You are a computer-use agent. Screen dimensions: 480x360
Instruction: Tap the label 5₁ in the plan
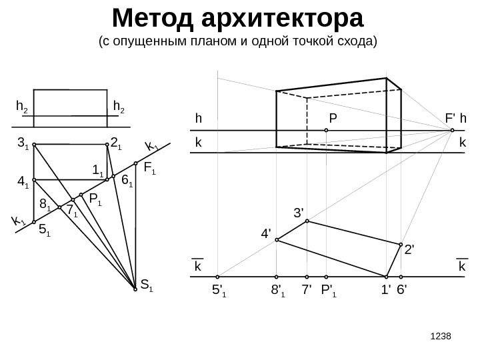[x=44, y=231]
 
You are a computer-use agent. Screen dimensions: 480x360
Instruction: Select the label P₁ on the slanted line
[x=95, y=199]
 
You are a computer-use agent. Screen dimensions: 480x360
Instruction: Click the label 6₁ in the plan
[x=127, y=179]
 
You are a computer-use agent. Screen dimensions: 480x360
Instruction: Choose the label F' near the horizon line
[x=451, y=119]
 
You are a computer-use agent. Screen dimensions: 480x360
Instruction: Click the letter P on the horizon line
[x=333, y=119]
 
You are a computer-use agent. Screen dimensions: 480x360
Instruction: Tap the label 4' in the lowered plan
[x=266, y=234]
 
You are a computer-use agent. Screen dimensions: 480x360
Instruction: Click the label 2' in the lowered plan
[x=409, y=250]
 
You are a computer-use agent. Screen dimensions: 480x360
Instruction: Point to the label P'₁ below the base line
[x=329, y=291]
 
